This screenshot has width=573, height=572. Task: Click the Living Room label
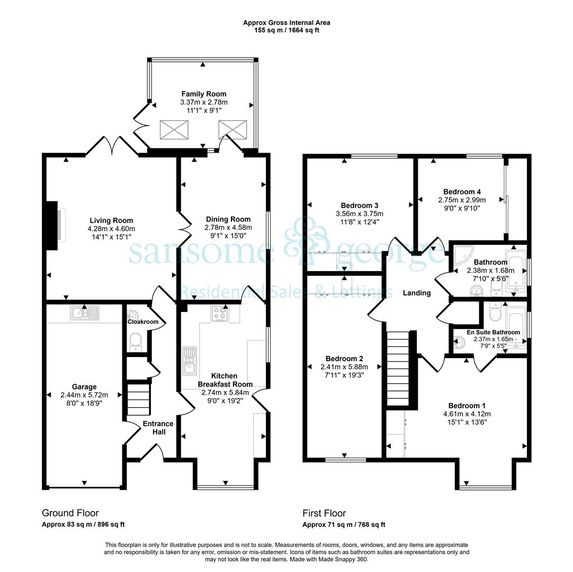point(111,220)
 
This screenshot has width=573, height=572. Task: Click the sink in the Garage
point(85,313)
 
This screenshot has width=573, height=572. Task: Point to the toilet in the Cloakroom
point(136,341)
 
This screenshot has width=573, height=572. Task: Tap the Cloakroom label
point(143,321)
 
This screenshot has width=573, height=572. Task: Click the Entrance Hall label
point(158,427)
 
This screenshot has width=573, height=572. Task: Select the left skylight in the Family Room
point(174,129)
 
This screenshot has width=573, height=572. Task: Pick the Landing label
point(417,293)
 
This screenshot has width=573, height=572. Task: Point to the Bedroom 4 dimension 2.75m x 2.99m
point(462,200)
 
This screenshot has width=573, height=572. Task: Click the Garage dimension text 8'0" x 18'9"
point(84,403)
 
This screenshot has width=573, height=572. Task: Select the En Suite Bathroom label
point(494,332)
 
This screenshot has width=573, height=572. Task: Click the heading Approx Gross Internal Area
point(286,23)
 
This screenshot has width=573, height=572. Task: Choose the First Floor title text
point(324,513)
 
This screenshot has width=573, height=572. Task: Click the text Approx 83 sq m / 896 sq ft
point(83,524)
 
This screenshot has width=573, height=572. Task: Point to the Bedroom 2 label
point(344,359)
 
